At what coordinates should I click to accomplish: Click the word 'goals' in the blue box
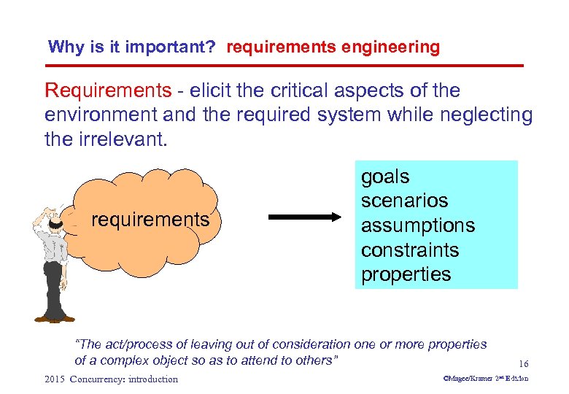pyautogui.click(x=385, y=177)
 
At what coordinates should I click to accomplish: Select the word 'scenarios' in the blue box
pyautogui.click(x=404, y=201)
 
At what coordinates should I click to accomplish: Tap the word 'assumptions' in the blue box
pyautogui.click(x=417, y=225)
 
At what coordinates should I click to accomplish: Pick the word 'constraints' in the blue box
pyautogui.click(x=409, y=250)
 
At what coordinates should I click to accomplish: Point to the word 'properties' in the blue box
pyautogui.click(x=406, y=274)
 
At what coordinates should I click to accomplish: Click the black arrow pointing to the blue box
pyautogui.click(x=305, y=217)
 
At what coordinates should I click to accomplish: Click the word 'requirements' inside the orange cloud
pyautogui.click(x=150, y=220)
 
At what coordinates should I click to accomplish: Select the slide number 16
pyautogui.click(x=523, y=363)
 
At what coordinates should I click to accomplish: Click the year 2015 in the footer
pyautogui.click(x=55, y=379)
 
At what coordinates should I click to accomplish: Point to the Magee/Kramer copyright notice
pyautogui.click(x=486, y=379)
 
